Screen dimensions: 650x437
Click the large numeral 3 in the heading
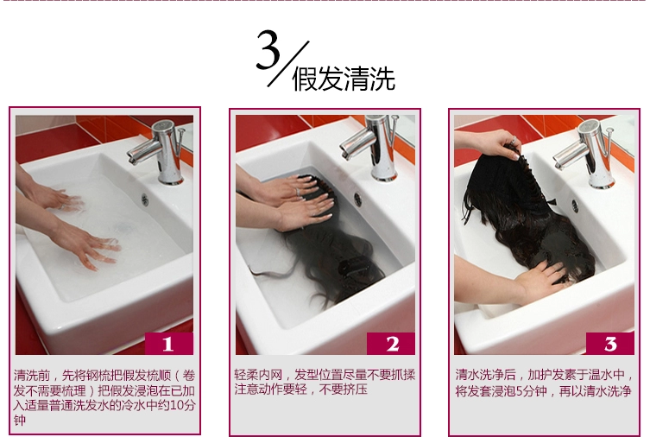tap(268, 50)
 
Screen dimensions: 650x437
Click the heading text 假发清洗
tap(344, 79)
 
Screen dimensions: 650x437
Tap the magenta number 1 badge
tap(168, 344)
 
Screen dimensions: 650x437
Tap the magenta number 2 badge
tap(391, 344)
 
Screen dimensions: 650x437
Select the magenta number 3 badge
tap(609, 344)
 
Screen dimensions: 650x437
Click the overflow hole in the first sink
tap(145, 199)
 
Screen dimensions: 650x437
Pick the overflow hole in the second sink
tap(357, 199)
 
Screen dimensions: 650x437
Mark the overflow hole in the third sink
tap(575, 206)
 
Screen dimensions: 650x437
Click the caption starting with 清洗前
tap(104, 397)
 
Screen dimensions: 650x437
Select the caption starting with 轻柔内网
tap(325, 382)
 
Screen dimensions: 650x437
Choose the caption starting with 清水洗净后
tap(545, 383)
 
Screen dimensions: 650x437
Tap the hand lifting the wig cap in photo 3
tap(497, 143)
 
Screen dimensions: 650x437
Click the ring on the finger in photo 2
tap(298, 192)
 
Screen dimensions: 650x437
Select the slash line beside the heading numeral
tap(288, 64)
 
